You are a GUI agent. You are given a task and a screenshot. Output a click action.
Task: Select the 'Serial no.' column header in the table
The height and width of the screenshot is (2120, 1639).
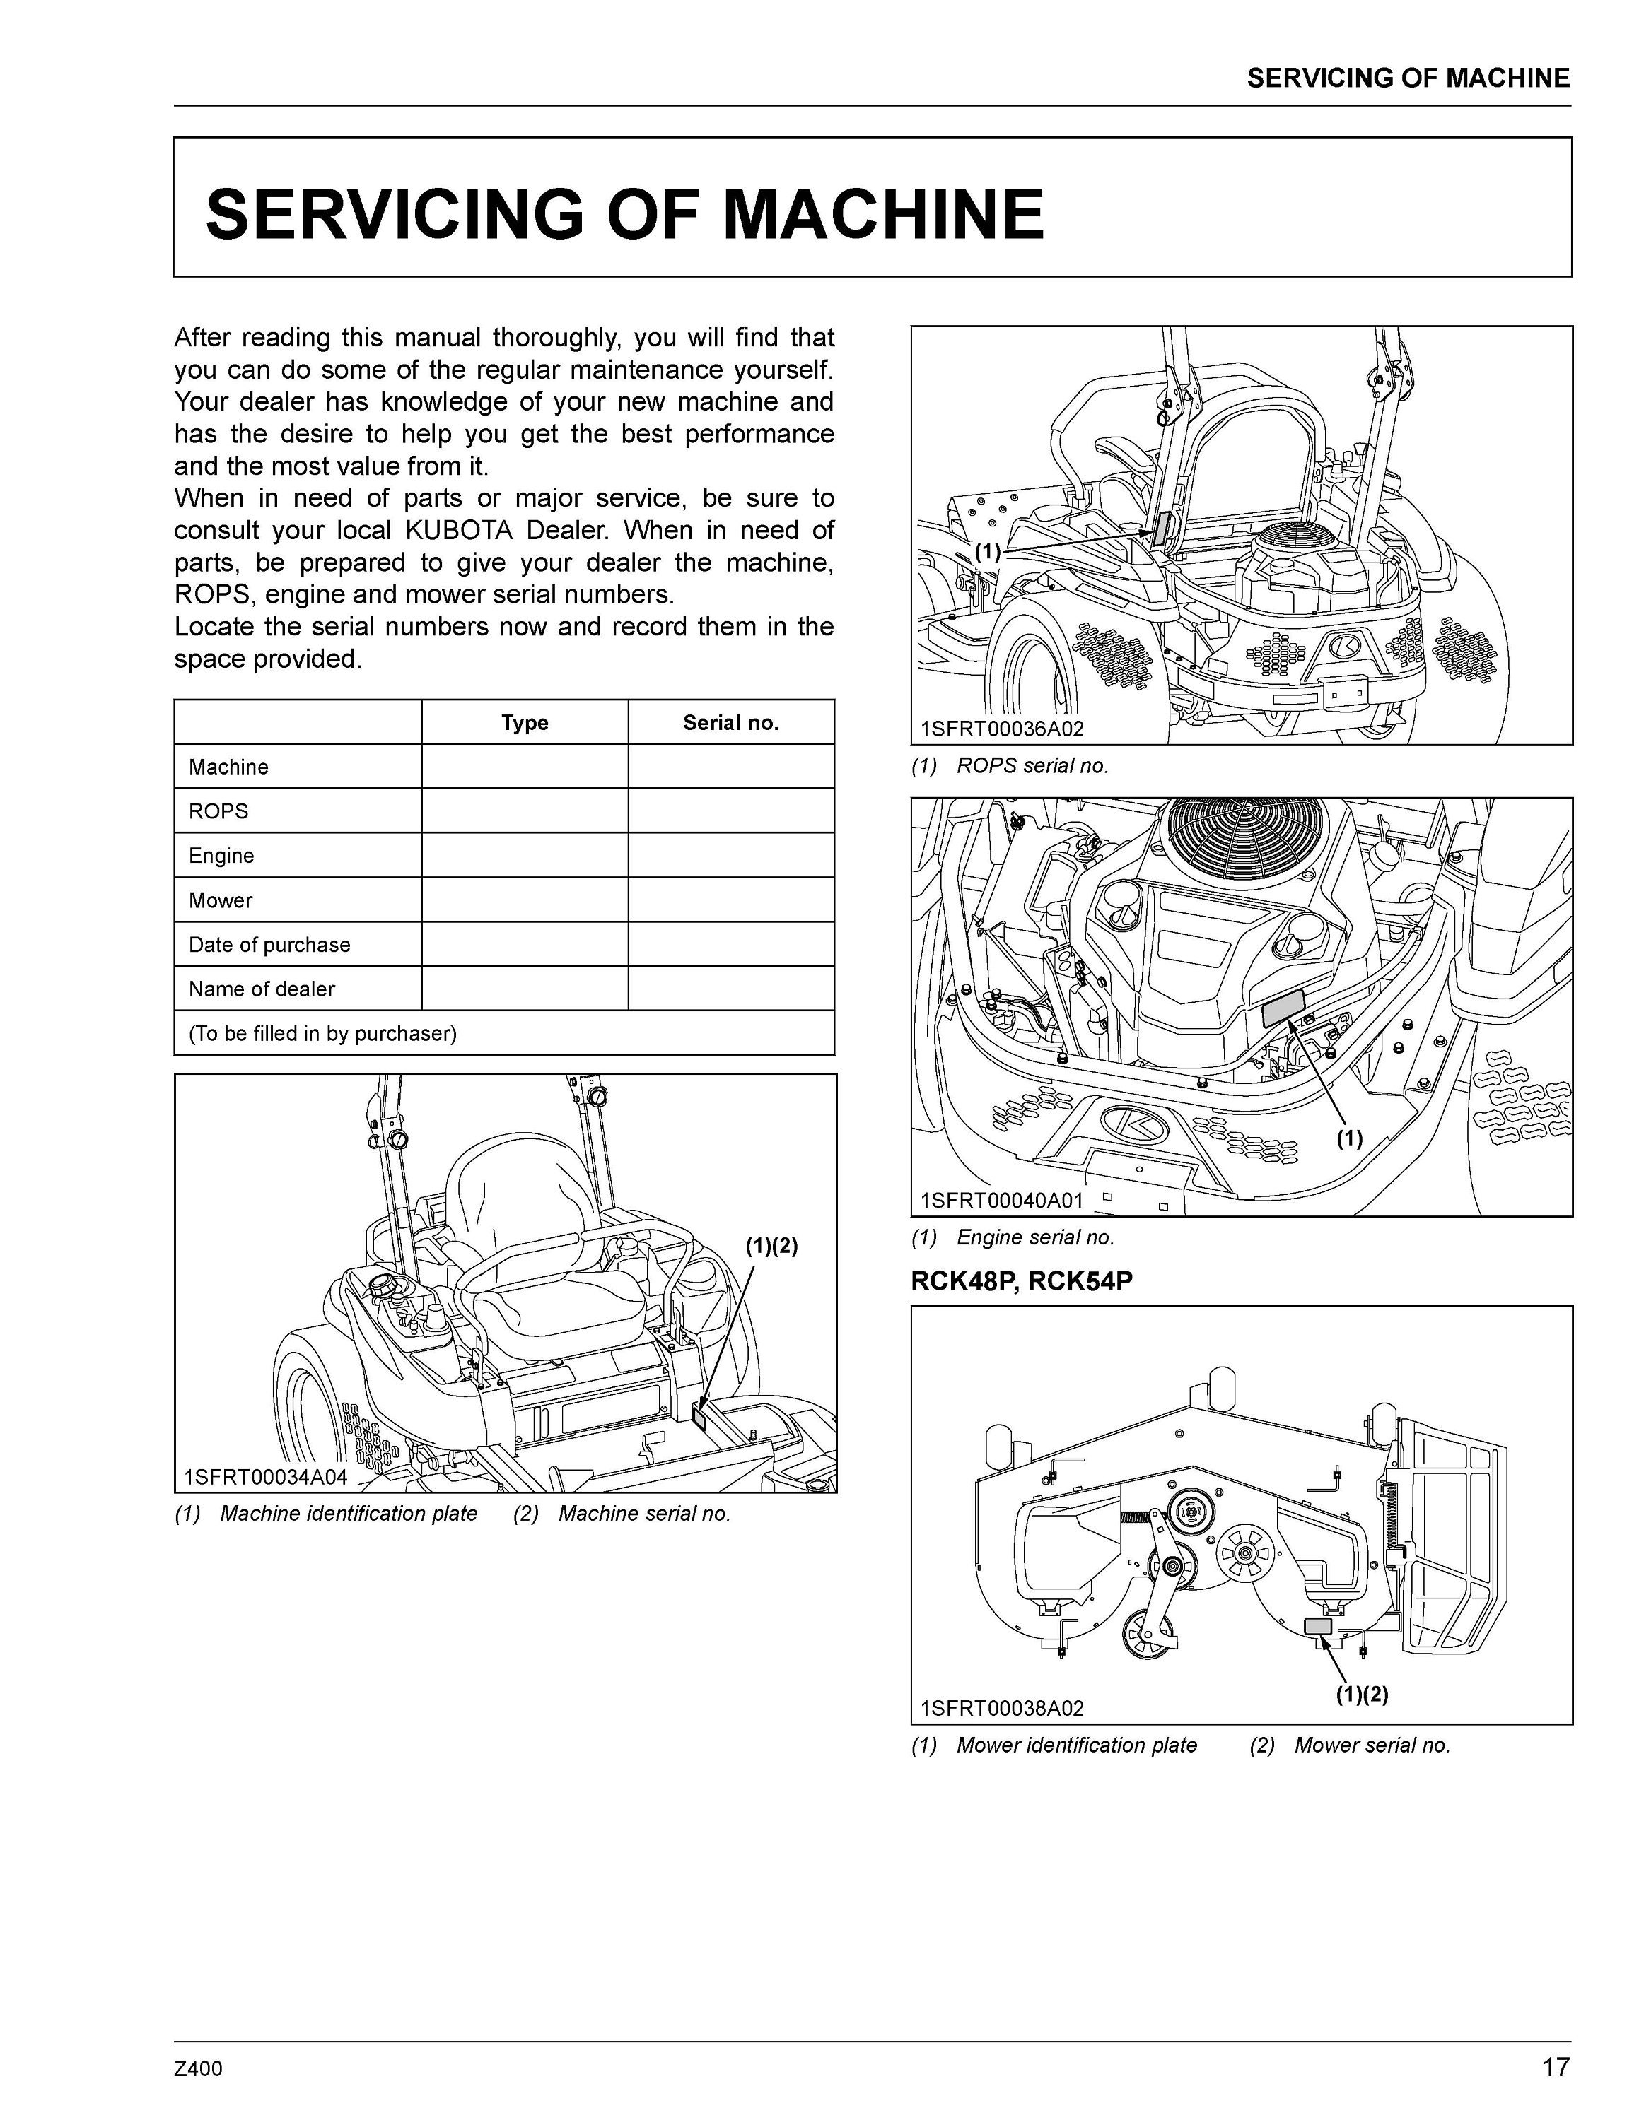pyautogui.click(x=730, y=722)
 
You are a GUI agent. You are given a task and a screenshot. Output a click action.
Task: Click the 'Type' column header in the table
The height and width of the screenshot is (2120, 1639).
pyautogui.click(x=525, y=722)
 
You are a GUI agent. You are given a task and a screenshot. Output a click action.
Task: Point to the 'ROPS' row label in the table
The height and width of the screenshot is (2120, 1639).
pyautogui.click(x=218, y=811)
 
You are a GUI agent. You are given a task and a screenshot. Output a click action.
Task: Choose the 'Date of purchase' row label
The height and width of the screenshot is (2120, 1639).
pyautogui.click(x=269, y=945)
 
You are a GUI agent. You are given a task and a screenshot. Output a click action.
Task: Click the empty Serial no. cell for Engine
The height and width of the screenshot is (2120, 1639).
pyautogui.click(x=730, y=855)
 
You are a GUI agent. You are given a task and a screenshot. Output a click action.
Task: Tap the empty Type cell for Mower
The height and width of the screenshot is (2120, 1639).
pyautogui.click(x=525, y=900)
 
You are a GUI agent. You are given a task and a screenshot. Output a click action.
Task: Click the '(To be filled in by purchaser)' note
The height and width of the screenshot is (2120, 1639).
pyautogui.click(x=322, y=1033)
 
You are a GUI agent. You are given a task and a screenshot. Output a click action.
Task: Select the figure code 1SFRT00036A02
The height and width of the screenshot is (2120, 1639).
pyautogui.click(x=1002, y=729)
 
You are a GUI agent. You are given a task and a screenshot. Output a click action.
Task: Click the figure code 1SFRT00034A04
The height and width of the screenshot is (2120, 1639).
pyautogui.click(x=265, y=1478)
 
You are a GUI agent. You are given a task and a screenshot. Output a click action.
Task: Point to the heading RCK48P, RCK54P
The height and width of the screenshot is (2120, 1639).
pyautogui.click(x=1022, y=1281)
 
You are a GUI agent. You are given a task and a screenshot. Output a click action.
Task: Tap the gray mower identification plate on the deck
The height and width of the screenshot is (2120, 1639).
pyautogui.click(x=1317, y=1626)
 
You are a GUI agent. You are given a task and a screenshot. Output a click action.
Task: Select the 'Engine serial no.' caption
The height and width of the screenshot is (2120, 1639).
pyautogui.click(x=1035, y=1237)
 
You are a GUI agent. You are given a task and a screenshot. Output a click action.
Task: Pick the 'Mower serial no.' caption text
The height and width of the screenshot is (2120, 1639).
pyautogui.click(x=1371, y=1744)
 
